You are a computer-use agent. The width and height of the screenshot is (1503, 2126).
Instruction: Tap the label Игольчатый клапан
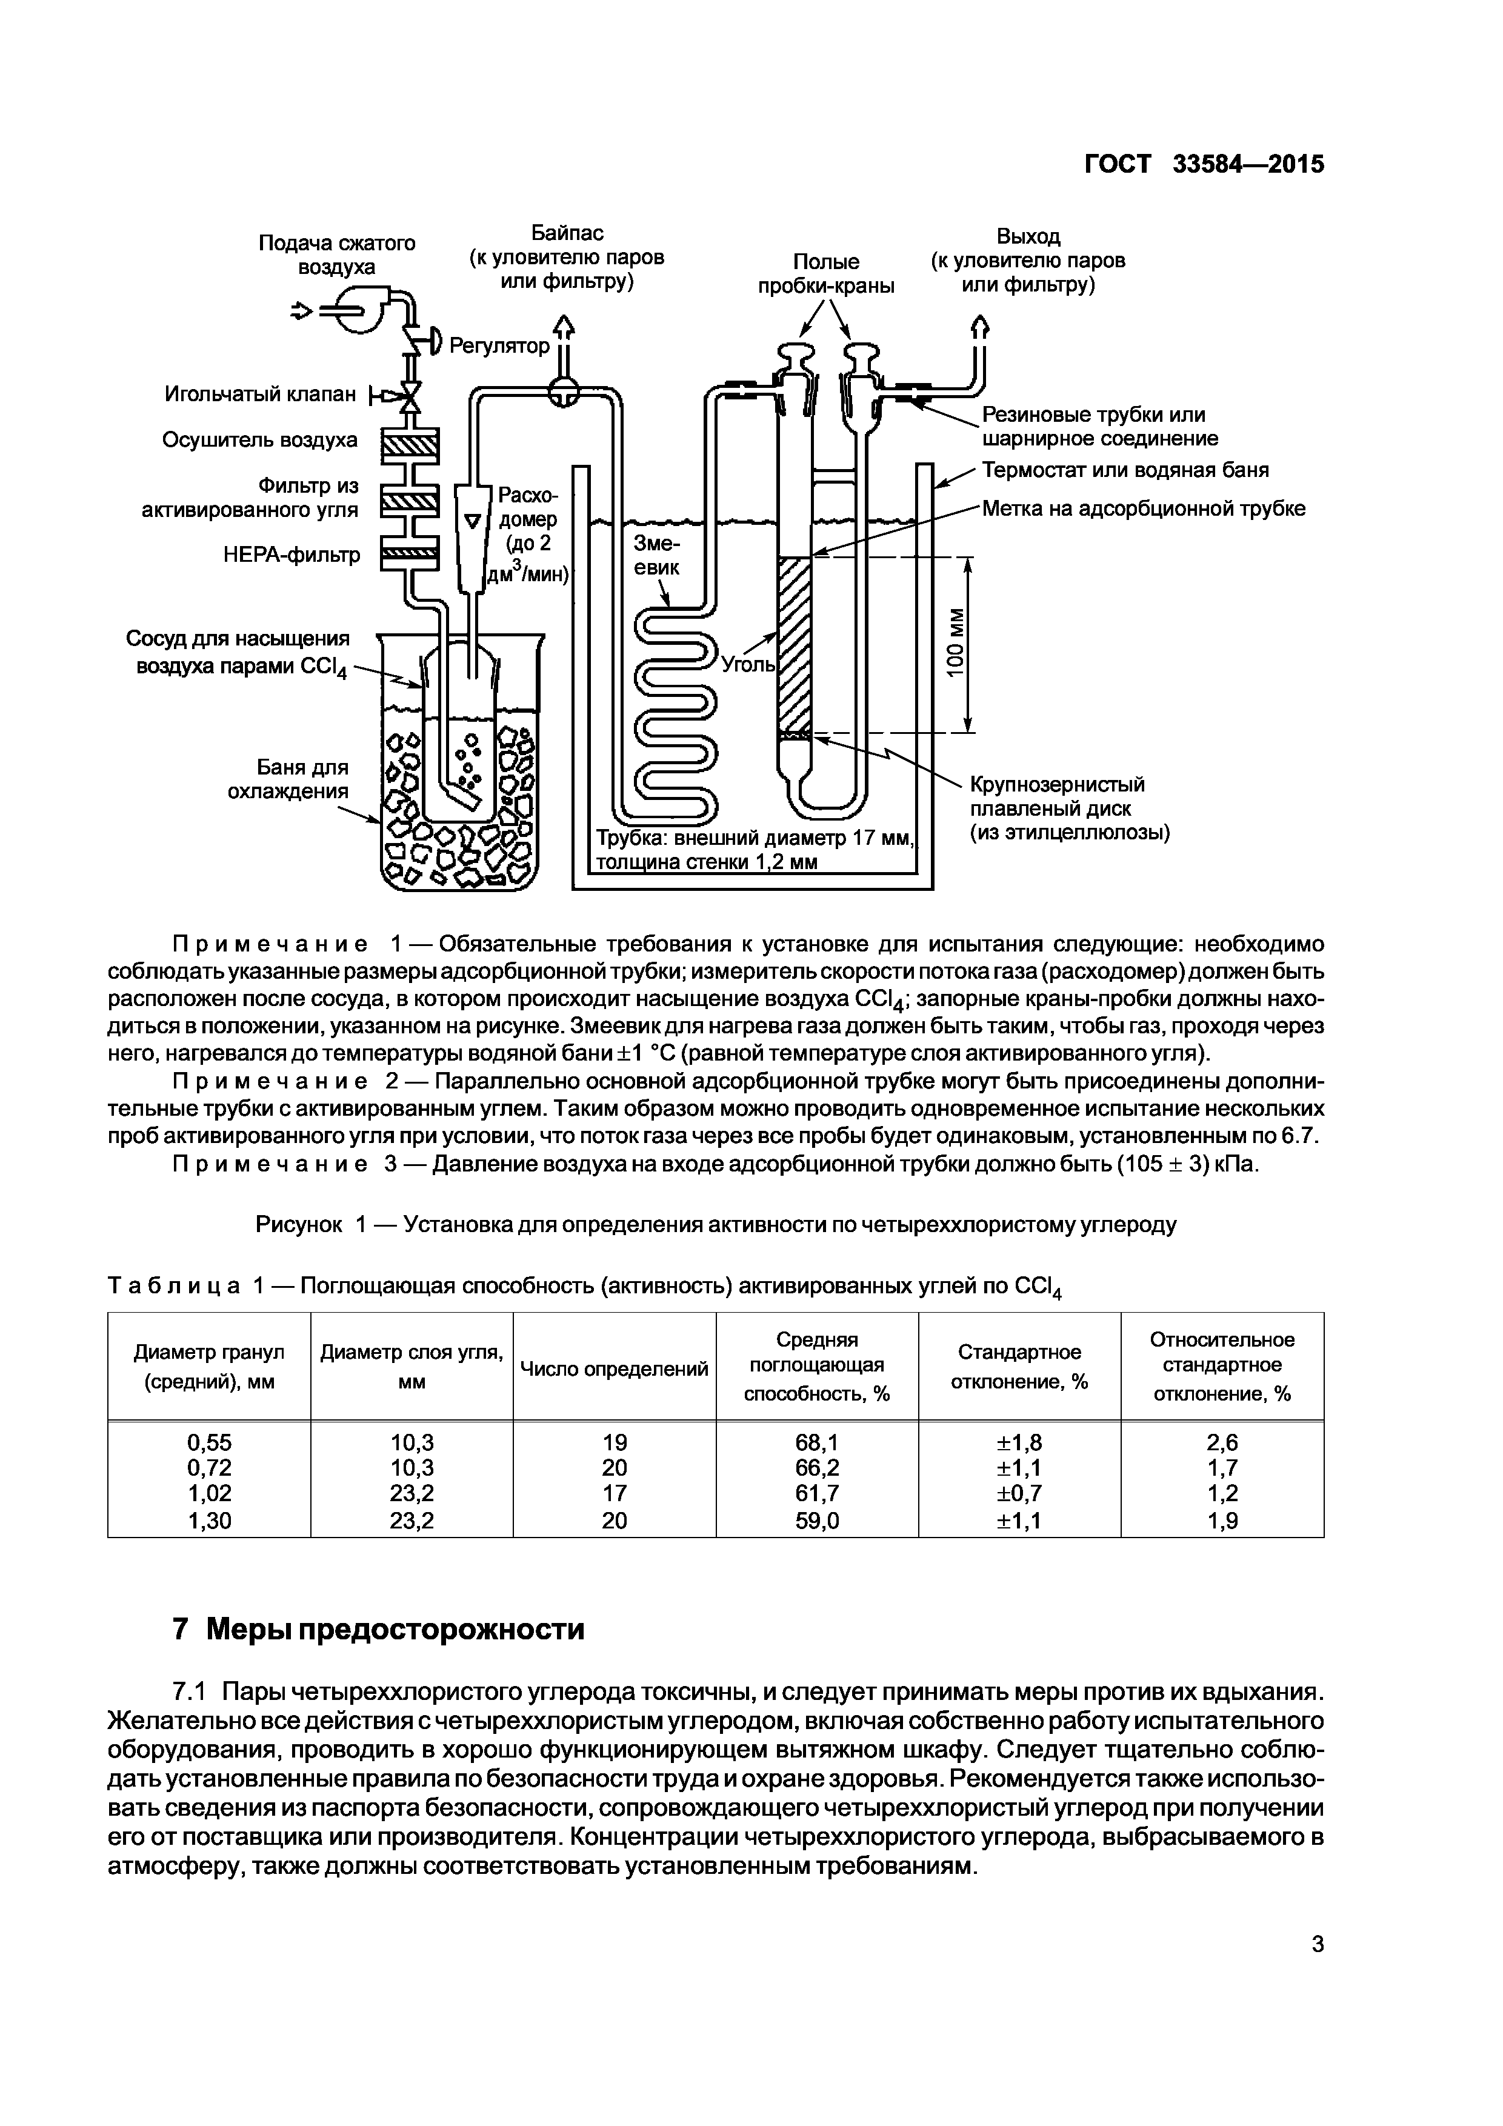[260, 395]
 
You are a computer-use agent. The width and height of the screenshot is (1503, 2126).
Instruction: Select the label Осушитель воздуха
[259, 440]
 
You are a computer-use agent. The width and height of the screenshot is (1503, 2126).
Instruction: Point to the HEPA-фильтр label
[292, 555]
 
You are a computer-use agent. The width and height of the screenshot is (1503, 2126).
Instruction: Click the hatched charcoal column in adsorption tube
[794, 644]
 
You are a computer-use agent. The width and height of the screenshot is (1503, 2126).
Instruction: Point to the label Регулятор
[499, 346]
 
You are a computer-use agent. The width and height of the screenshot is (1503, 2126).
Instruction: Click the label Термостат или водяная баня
[1125, 470]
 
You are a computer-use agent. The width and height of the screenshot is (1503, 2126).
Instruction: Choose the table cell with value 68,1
[817, 1442]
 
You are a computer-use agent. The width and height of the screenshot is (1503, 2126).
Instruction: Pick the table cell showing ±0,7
[1019, 1493]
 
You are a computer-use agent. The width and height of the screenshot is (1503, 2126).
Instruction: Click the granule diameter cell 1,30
[209, 1519]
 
